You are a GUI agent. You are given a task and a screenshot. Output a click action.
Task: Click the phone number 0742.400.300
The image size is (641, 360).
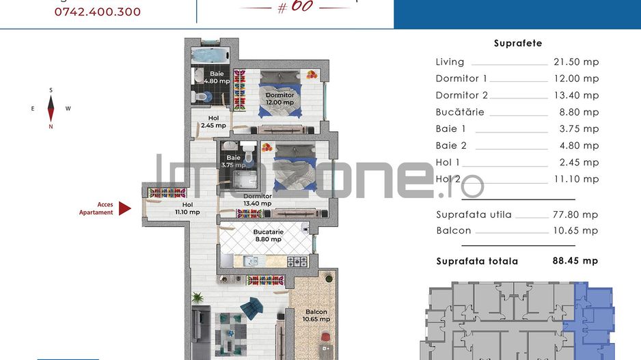(98, 12)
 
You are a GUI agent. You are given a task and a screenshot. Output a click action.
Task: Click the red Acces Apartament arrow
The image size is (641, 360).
(124, 208)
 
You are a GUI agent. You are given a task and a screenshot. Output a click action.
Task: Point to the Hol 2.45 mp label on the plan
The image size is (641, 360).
(214, 122)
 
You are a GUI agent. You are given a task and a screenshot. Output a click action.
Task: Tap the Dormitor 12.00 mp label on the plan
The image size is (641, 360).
(279, 98)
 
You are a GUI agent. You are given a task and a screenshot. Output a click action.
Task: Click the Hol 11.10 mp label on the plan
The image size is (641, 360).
(187, 208)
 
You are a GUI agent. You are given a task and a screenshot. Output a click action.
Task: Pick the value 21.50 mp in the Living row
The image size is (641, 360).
(575, 61)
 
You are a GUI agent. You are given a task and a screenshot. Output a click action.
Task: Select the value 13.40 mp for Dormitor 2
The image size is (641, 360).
(575, 95)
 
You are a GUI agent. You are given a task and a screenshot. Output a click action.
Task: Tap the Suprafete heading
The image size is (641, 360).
(517, 43)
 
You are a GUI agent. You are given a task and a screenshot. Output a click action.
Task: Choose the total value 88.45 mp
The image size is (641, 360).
(575, 261)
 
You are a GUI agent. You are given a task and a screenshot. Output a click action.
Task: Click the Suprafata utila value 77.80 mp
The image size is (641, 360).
(575, 214)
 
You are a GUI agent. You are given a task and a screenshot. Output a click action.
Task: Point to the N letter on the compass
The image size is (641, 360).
(51, 126)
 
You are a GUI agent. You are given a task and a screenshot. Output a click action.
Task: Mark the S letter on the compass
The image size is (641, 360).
(51, 90)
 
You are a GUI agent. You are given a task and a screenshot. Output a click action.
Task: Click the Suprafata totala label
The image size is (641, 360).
(477, 261)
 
